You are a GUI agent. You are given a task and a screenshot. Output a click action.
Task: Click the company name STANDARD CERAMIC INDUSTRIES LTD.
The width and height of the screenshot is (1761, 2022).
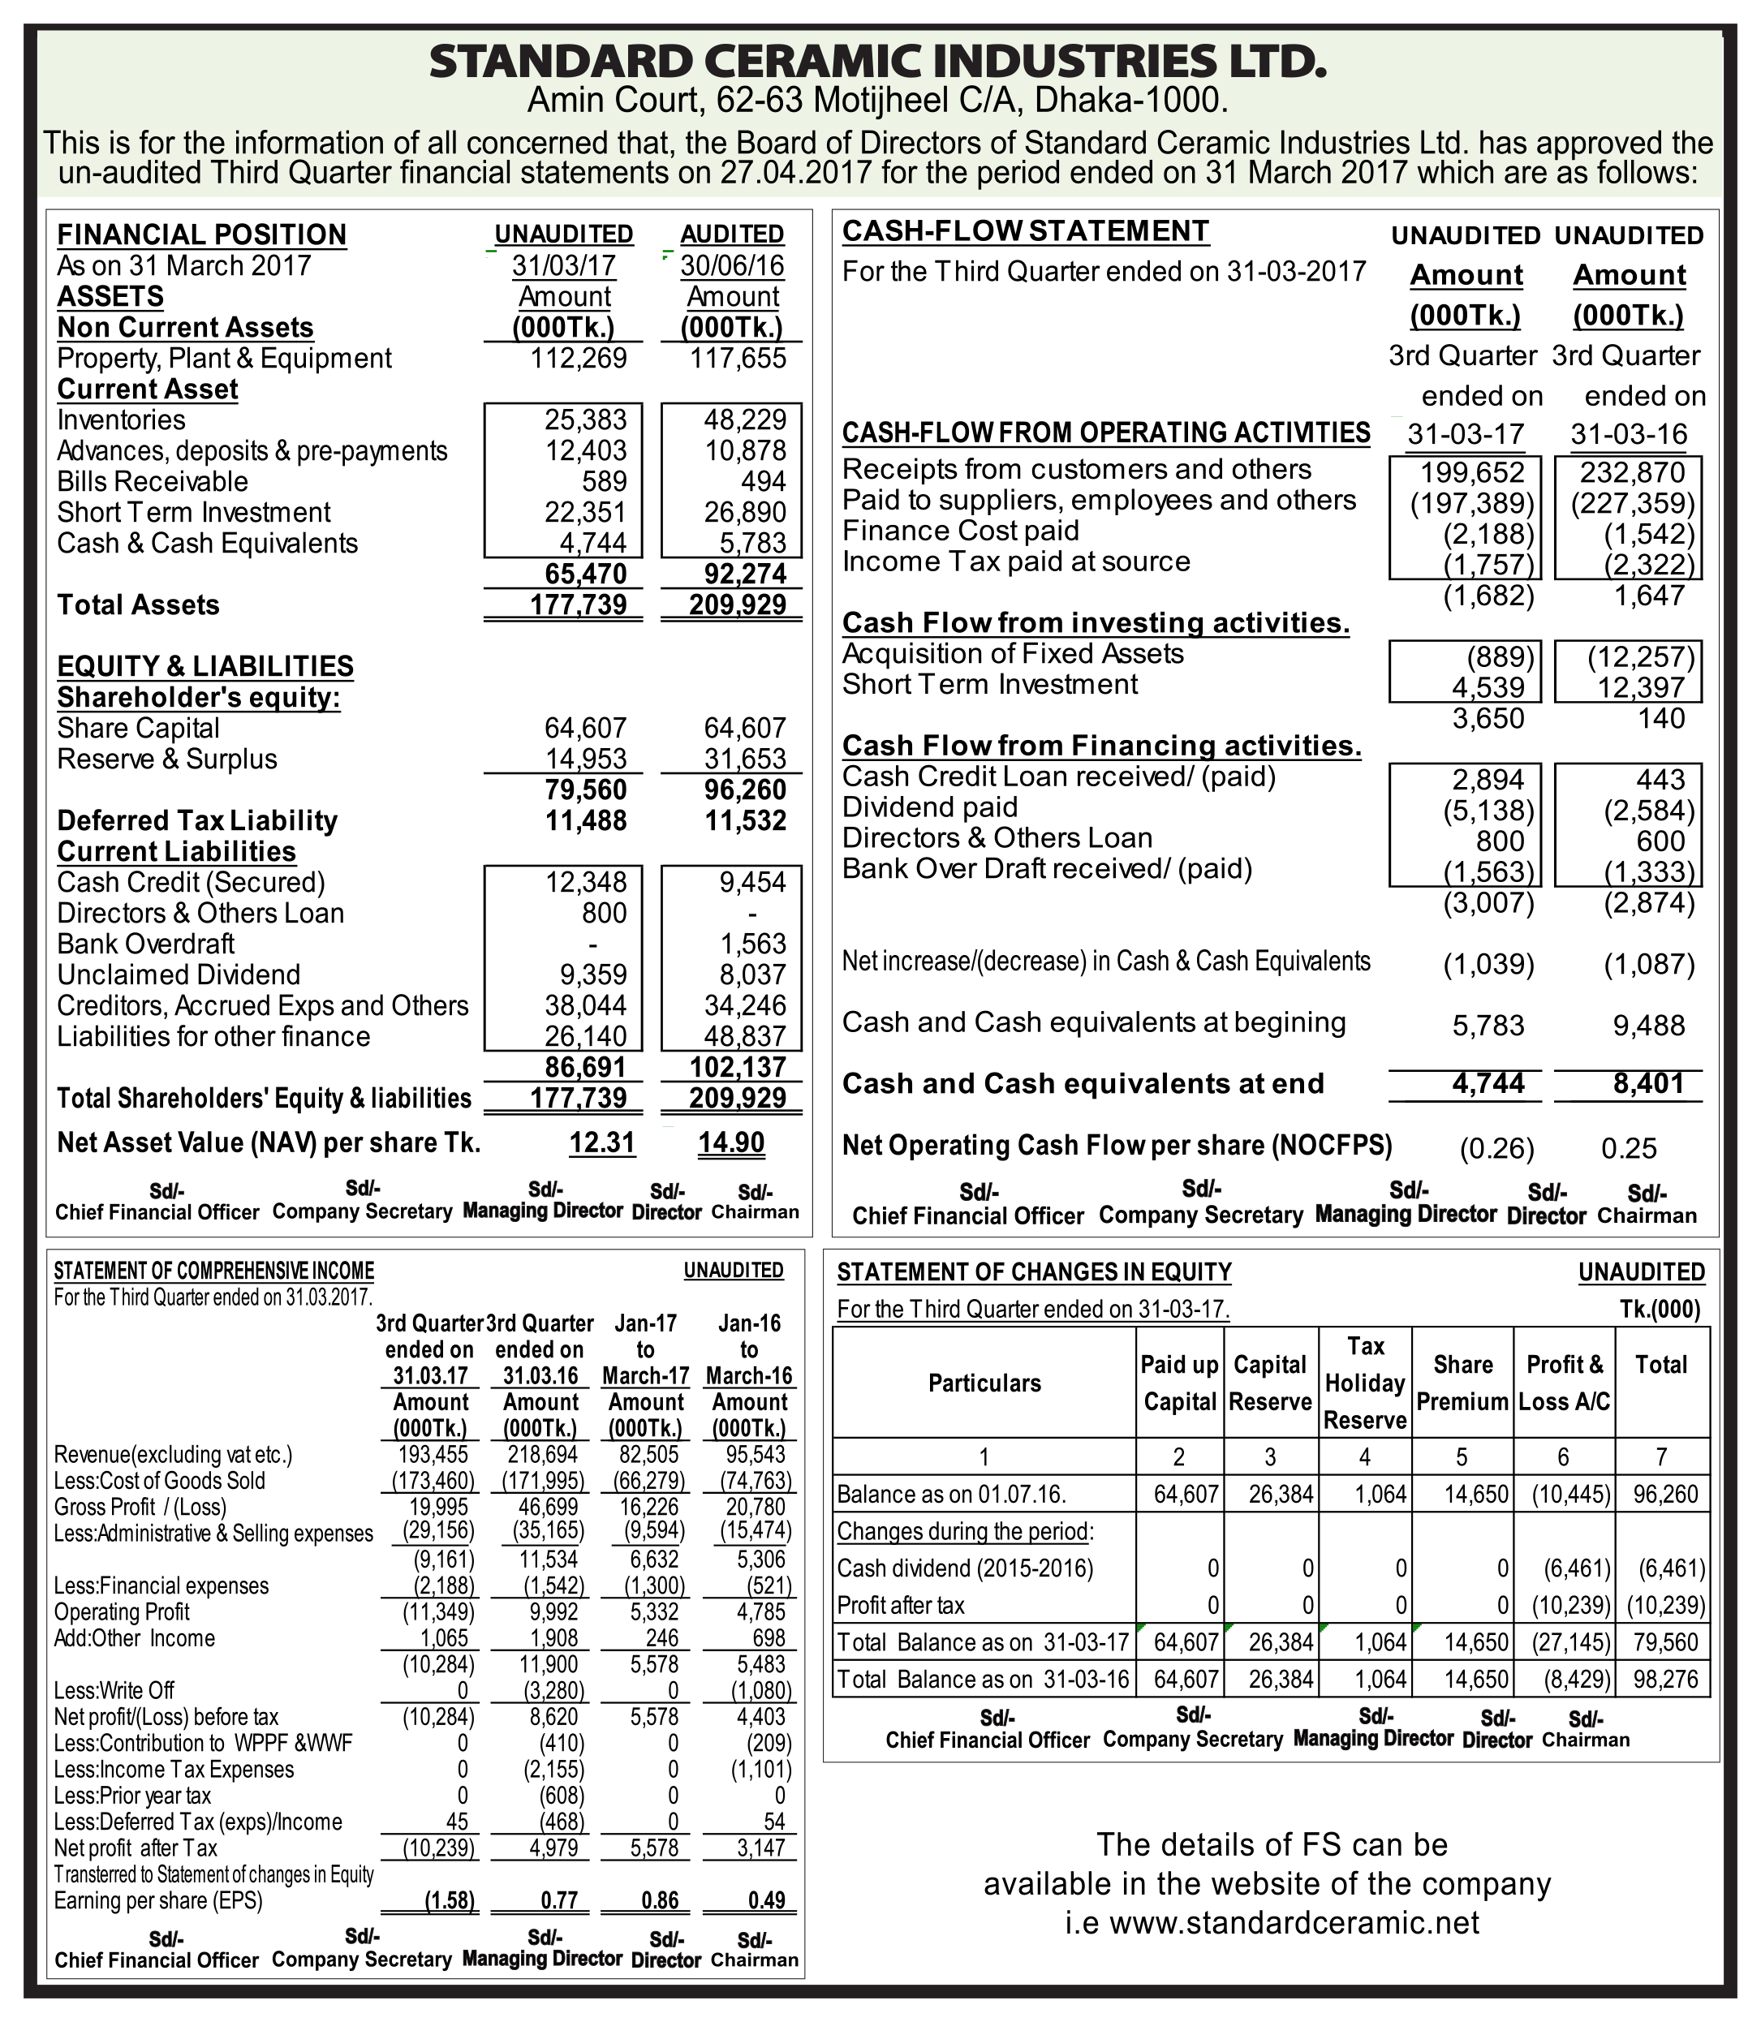click(877, 61)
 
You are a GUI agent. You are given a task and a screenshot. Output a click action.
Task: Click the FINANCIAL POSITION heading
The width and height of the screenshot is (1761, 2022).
click(201, 234)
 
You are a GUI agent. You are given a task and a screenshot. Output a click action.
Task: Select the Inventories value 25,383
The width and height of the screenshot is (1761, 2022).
click(586, 420)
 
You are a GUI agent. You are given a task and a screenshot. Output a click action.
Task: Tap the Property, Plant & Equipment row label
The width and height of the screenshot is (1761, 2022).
click(224, 359)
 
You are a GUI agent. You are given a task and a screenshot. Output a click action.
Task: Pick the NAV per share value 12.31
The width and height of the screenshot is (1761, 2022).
click(602, 1142)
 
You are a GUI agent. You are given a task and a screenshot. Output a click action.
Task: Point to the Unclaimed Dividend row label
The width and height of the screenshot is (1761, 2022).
click(179, 974)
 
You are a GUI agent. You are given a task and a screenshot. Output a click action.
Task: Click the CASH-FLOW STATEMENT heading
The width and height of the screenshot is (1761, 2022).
click(1026, 231)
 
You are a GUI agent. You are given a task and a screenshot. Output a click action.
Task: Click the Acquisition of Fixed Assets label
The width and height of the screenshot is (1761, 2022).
click(1012, 653)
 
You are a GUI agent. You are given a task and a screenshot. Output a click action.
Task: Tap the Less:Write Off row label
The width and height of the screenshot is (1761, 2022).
click(114, 1691)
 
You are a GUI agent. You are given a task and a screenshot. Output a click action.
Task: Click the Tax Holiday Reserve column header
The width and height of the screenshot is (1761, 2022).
click(1364, 1383)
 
